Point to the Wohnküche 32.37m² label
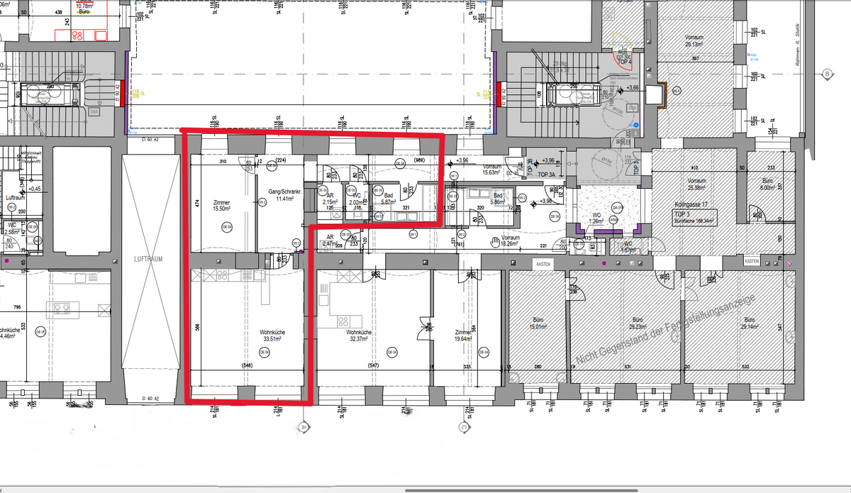point(359,336)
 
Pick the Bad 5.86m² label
point(498,199)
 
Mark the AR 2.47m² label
point(330,240)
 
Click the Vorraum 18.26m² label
point(511,240)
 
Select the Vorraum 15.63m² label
point(491,170)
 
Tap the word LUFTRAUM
point(149,260)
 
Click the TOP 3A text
point(546,175)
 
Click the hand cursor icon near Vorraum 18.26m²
point(494,242)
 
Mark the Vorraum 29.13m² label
point(694,40)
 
